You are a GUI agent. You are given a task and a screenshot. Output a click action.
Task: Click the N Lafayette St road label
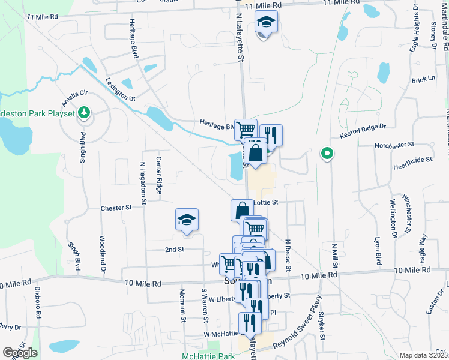pos(239,38)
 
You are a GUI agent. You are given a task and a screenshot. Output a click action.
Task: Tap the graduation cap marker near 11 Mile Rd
pos(265,25)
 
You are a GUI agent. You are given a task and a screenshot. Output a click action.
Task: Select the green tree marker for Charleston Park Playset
pos(85,112)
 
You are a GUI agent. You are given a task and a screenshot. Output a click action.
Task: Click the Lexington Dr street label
pos(120,89)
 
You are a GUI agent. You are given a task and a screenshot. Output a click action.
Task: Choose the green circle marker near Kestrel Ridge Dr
pos(327,154)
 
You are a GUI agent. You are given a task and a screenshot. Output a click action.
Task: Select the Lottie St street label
pos(267,203)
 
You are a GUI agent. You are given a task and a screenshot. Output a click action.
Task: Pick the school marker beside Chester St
pos(187,221)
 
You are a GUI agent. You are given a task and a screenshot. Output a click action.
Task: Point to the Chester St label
pos(116,208)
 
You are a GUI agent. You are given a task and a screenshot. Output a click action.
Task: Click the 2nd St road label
pos(173,248)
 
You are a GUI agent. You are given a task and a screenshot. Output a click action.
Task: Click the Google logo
pos(20,353)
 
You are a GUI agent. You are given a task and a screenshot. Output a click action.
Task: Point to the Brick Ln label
pos(423,79)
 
